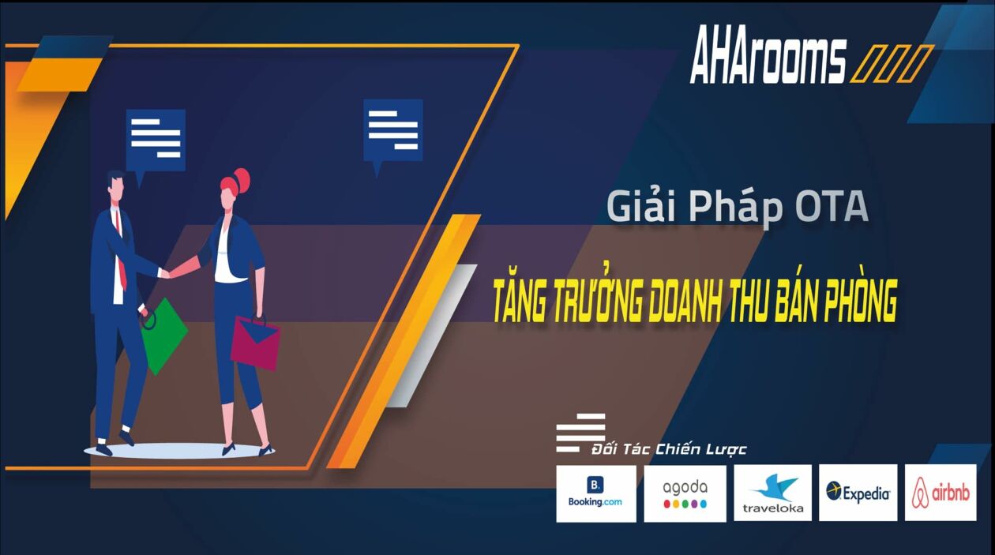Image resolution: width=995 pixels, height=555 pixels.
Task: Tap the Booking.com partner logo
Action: point(595,493)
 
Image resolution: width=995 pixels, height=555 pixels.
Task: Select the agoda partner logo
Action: point(685,493)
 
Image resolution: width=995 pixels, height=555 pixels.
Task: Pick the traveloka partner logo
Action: point(772,493)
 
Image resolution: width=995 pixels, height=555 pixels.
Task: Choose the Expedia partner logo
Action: point(858,493)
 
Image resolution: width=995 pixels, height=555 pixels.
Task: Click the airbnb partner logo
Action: point(941,493)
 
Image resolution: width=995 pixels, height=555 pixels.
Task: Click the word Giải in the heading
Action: point(639,207)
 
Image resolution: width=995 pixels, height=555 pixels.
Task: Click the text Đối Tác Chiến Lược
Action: point(669,449)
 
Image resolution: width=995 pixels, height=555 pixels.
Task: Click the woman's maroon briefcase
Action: point(255,342)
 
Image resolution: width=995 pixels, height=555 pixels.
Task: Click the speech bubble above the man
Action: point(156,140)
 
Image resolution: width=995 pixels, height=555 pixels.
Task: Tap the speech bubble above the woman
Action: point(392,129)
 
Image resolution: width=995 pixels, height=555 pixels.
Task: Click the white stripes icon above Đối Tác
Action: point(580,432)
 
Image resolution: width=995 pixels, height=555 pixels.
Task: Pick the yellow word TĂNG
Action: point(524,303)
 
